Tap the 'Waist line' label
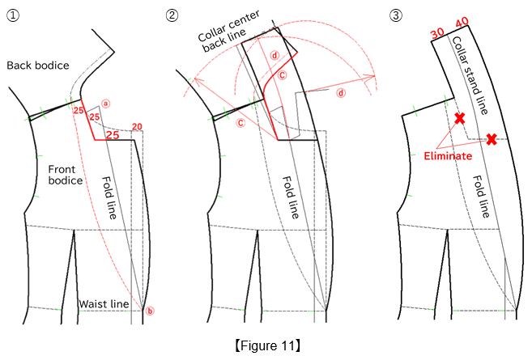pyautogui.click(x=103, y=304)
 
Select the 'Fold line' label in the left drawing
pyautogui.click(x=110, y=199)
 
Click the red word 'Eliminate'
pyautogui.click(x=448, y=155)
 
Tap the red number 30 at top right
pyautogui.click(x=437, y=33)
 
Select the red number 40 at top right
pyautogui.click(x=462, y=22)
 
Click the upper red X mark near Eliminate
pyautogui.click(x=460, y=119)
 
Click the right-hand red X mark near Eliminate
pyautogui.click(x=491, y=139)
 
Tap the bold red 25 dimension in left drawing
pyautogui.click(x=113, y=134)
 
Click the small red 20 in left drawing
pyautogui.click(x=137, y=127)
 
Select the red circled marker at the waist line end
pyautogui.click(x=149, y=310)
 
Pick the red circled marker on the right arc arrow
pyautogui.click(x=340, y=93)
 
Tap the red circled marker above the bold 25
pyautogui.click(x=105, y=104)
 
